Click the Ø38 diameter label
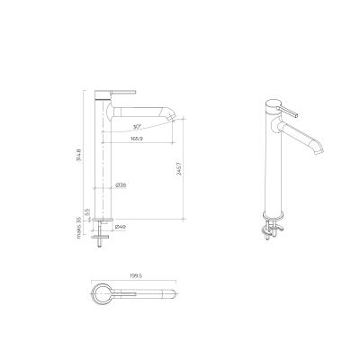coord(121,185)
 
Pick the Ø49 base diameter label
coord(120,227)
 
